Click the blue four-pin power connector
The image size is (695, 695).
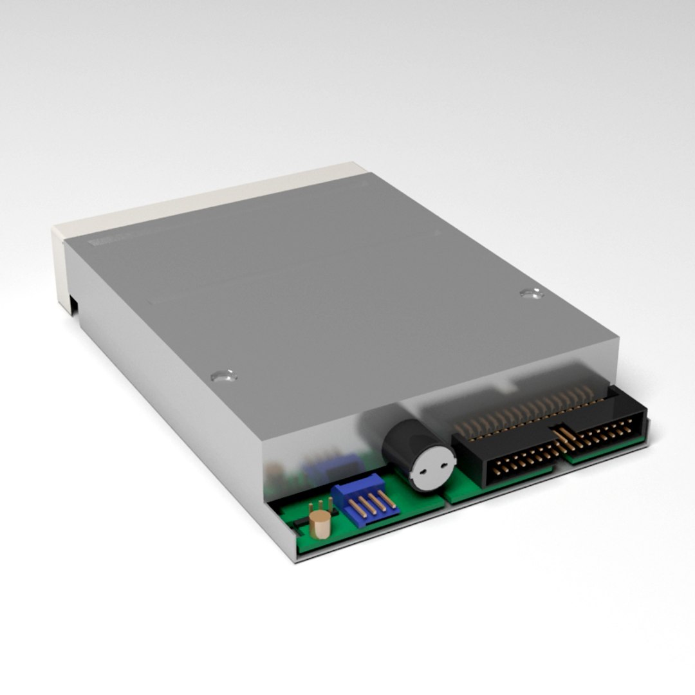click(364, 501)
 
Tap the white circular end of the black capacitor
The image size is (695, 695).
click(433, 468)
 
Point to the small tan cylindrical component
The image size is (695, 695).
click(319, 524)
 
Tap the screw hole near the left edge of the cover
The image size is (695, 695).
click(223, 375)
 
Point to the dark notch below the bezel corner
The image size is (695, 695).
click(73, 306)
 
